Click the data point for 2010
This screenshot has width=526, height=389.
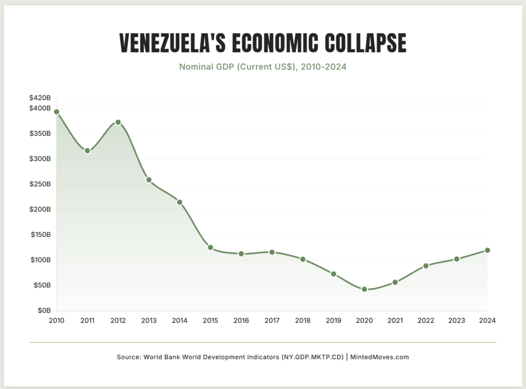click(x=57, y=112)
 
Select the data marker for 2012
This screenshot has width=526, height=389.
click(x=118, y=122)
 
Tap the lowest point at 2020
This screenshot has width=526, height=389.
click(x=364, y=289)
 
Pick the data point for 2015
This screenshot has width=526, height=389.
click(x=211, y=247)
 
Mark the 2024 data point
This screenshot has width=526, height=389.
click(x=487, y=250)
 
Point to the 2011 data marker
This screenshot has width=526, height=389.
click(x=87, y=151)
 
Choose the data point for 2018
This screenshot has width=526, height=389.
click(x=303, y=259)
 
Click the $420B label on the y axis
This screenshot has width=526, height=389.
click(x=41, y=98)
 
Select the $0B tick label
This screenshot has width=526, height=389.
click(x=44, y=310)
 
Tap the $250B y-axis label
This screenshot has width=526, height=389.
click(x=41, y=184)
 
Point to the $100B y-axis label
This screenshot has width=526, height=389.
click(x=41, y=260)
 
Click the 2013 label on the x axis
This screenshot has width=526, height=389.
click(x=149, y=321)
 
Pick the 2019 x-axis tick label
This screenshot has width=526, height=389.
click(x=333, y=321)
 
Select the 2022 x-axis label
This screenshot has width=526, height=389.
click(x=426, y=321)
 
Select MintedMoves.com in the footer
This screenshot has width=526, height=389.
click(x=380, y=357)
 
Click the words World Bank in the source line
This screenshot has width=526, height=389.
click(x=164, y=357)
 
